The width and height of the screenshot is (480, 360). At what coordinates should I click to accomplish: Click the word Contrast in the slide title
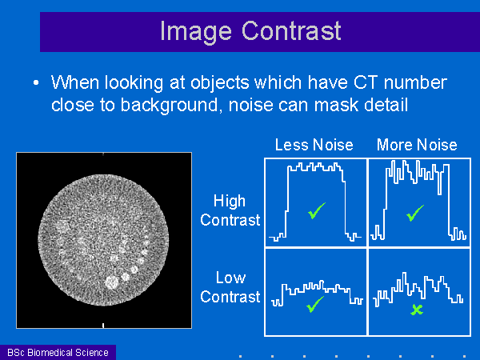click(x=291, y=30)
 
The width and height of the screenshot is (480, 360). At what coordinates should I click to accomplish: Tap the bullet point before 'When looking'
click(x=36, y=82)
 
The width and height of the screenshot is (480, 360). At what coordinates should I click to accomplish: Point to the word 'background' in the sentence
click(x=169, y=106)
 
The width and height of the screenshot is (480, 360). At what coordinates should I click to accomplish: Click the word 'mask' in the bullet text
click(x=336, y=105)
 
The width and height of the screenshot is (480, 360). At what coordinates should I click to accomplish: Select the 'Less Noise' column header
click(x=314, y=145)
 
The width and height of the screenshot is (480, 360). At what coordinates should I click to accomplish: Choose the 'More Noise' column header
click(x=417, y=145)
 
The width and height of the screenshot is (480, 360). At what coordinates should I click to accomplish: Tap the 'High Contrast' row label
click(x=230, y=210)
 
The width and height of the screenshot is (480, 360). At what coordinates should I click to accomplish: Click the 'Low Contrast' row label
click(x=230, y=287)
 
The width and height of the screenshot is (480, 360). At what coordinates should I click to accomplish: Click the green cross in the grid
click(x=417, y=310)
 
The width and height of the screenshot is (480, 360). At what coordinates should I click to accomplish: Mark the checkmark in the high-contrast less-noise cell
click(x=317, y=211)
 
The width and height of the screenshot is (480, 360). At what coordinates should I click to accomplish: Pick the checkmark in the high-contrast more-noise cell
click(x=415, y=213)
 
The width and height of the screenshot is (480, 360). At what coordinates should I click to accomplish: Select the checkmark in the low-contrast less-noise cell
click(x=314, y=304)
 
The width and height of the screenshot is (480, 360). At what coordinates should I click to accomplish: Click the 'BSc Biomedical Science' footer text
click(x=58, y=353)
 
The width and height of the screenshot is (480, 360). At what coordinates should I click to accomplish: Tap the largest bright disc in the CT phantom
click(x=111, y=282)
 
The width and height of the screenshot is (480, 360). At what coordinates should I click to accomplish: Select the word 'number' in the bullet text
click(x=415, y=82)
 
